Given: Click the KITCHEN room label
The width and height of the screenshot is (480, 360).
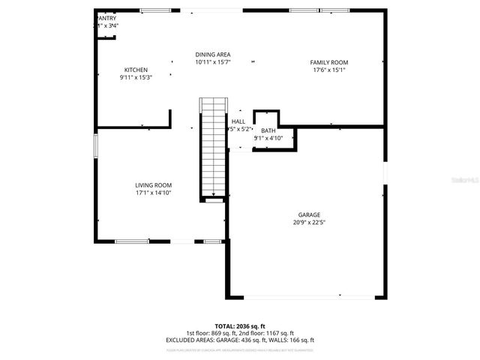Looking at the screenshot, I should tap(136, 70).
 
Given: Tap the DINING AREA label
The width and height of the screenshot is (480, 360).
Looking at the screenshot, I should tap(212, 55).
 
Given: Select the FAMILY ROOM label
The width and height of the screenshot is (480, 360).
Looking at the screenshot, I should tap(329, 62).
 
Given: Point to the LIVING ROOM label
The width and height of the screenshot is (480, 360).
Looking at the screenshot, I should tap(153, 185).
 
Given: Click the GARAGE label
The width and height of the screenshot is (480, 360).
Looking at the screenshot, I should tap(308, 214).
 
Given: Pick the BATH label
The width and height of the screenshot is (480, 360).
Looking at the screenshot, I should tap(268, 130).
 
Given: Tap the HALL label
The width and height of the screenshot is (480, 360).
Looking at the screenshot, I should tap(238, 121).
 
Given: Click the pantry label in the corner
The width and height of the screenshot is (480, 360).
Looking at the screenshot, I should tap(106, 17).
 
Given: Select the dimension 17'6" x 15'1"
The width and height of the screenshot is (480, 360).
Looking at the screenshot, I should tap(328, 70).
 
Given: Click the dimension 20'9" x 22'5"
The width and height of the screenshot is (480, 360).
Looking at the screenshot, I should tap(308, 222).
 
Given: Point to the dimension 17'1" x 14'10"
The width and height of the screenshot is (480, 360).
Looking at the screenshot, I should tap(153, 193).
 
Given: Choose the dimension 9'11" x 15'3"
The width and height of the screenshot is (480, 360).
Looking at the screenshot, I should tap(136, 78).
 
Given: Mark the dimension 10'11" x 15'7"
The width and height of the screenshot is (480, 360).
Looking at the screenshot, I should tap(212, 63).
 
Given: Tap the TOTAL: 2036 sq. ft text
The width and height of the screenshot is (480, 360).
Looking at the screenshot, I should tap(239, 326).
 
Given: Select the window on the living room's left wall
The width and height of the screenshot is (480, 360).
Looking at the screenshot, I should tap(95, 145).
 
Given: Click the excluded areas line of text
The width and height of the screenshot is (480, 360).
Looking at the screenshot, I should tap(239, 340).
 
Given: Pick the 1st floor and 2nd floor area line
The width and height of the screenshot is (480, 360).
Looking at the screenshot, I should tap(239, 333).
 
